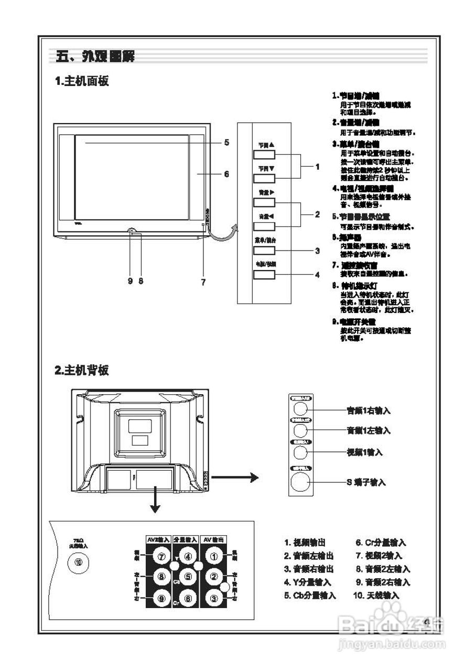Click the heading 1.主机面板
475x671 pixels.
point(82,81)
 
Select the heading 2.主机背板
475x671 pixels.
point(82,370)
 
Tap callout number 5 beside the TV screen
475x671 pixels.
point(226,142)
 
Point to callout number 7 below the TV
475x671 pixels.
point(203,282)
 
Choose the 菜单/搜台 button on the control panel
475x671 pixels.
point(264,250)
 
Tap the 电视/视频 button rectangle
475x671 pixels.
point(264,274)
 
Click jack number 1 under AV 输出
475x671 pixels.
point(214,557)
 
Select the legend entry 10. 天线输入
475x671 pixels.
point(376,596)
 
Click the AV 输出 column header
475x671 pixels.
point(214,539)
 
